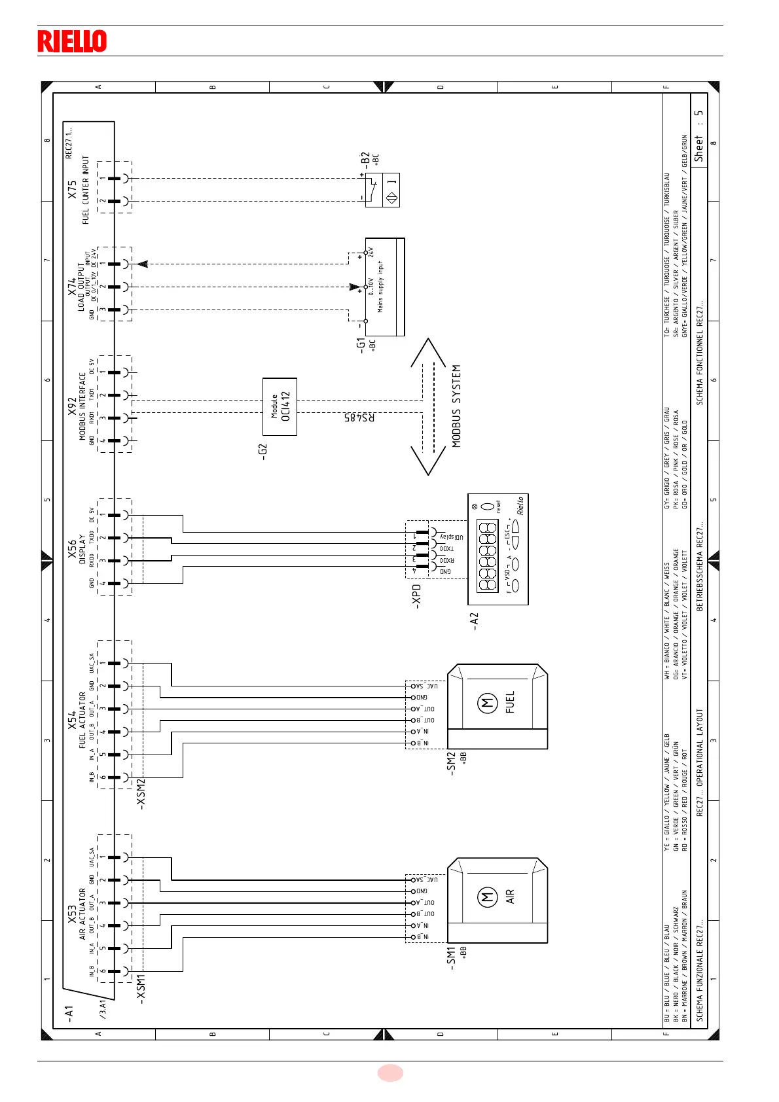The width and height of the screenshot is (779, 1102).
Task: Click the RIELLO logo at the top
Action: pyautogui.click(x=72, y=41)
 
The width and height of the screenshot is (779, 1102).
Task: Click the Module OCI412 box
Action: pyautogui.click(x=280, y=406)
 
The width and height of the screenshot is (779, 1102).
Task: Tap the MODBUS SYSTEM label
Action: pyautogui.click(x=456, y=406)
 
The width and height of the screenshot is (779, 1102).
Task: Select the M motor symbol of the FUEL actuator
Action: pyautogui.click(x=488, y=703)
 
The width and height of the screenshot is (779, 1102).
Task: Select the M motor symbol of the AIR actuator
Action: pyautogui.click(x=488, y=897)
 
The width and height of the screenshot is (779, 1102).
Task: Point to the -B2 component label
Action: pyautogui.click(x=365, y=160)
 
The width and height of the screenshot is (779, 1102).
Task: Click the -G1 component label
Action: pyautogui.click(x=361, y=346)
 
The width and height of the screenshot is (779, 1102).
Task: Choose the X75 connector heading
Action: pyautogui.click(x=72, y=190)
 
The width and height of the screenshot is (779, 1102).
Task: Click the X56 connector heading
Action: pyautogui.click(x=72, y=550)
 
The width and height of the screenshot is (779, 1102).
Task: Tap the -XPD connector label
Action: pyautogui.click(x=416, y=596)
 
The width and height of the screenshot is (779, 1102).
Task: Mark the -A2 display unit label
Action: pyautogui.click(x=475, y=622)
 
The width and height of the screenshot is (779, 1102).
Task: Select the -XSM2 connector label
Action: pyautogui.click(x=141, y=794)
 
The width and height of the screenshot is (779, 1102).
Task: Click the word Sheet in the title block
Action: pyautogui.click(x=699, y=149)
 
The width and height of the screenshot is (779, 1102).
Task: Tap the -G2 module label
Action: pyautogui.click(x=263, y=451)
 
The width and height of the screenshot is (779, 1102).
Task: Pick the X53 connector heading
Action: pyautogui.click(x=72, y=915)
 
